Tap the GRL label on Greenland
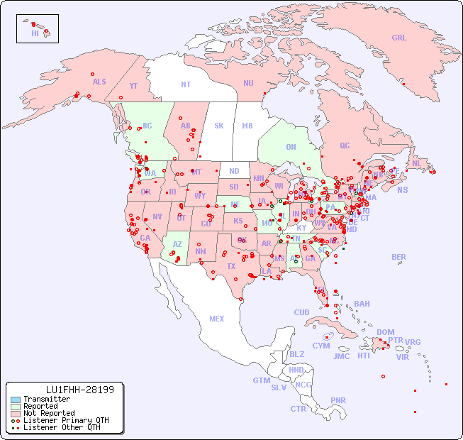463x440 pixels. point(399,38)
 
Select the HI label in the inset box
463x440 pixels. point(35,33)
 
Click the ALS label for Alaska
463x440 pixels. point(99,82)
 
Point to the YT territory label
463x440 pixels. point(133,86)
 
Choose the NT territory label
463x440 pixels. point(185,84)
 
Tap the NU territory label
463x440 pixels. point(248,83)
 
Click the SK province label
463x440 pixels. point(219,126)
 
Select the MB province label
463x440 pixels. point(247,126)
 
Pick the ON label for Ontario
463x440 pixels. point(291,148)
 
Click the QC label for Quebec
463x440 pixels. point(345,145)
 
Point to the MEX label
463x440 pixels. point(217,319)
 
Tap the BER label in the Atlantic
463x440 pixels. point(398,257)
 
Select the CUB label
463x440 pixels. point(302,312)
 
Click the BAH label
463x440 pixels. point(362,304)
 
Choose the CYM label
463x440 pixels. point(321,346)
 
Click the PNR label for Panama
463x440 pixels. point(338,400)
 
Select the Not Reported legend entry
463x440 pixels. point(49,413)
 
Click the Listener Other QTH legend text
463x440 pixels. point(61,427)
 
